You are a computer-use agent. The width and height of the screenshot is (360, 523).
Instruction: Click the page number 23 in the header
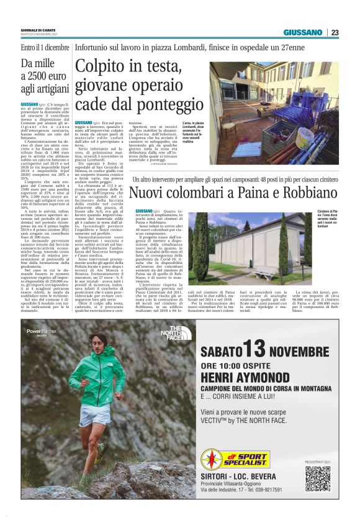click(x=335, y=32)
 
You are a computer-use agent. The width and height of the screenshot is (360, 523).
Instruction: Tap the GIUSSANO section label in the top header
click(x=303, y=32)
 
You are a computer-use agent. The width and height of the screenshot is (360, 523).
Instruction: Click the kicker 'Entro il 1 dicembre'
click(x=45, y=48)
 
